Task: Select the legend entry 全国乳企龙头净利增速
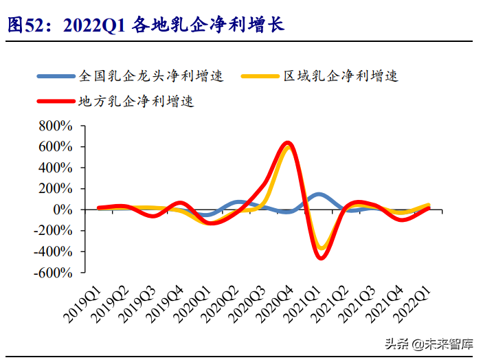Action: point(152,76)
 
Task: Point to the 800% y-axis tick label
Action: point(56,126)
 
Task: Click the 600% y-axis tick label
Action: point(56,147)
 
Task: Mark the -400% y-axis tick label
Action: point(54,251)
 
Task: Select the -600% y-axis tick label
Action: point(54,273)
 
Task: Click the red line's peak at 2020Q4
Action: point(288,143)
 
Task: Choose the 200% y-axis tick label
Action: point(56,189)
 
